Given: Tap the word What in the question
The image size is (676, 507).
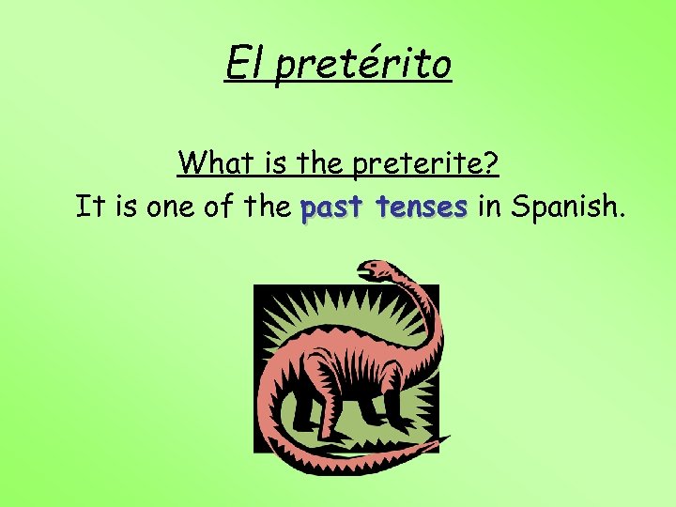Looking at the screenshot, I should point(214,163).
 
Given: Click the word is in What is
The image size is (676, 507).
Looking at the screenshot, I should point(273,163).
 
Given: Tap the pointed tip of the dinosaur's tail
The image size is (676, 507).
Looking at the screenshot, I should point(449,438).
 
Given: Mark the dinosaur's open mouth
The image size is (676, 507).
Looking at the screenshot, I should point(363,274).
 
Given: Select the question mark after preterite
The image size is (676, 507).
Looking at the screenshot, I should point(491,163).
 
